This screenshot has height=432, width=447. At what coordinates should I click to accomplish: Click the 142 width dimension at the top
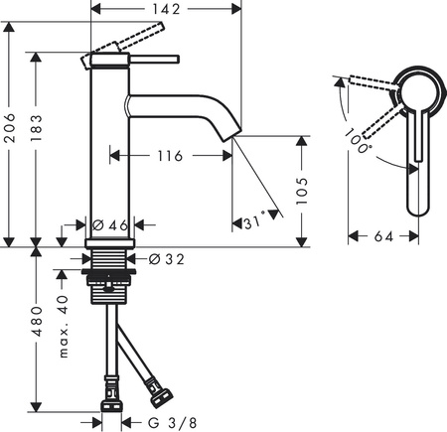[x=167, y=10]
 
